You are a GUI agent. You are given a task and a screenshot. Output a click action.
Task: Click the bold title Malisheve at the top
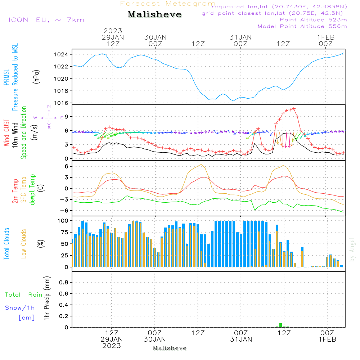tap(154, 14)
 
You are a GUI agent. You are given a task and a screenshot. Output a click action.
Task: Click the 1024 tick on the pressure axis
tap(61, 54)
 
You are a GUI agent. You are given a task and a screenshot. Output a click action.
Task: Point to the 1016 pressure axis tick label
tap(61, 103)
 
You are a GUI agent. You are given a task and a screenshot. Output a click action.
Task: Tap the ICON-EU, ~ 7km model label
tap(46, 20)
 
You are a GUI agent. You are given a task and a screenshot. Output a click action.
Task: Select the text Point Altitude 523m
tap(313, 20)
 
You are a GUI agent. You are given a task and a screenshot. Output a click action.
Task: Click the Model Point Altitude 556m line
tap(302, 26)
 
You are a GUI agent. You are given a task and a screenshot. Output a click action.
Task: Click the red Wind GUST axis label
tap(6, 132)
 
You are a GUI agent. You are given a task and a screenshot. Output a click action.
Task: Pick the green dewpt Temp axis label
tap(32, 189)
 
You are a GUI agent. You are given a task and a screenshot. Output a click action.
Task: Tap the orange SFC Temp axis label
tap(24, 190)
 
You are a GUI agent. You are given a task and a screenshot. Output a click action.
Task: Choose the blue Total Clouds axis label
tap(6, 244)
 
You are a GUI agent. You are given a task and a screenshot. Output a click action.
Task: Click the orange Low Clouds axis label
tap(24, 244)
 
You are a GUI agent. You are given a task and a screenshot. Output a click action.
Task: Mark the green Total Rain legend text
tap(24, 294)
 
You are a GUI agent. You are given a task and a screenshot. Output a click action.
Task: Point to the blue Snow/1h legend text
tap(20, 308)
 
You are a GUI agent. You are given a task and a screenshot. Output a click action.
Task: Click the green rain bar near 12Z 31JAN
tap(280, 325)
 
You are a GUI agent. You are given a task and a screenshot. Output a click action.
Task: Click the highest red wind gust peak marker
tap(294, 109)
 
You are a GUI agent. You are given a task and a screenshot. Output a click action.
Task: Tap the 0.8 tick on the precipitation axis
tap(64, 282)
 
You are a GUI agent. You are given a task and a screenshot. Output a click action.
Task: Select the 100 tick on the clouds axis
tap(63, 221)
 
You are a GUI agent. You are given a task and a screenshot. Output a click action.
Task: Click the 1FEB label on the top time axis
tap(326, 37)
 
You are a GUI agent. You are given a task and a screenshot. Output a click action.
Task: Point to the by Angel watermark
tap(352, 249)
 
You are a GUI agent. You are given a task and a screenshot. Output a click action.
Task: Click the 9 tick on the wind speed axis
tap(66, 117)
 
